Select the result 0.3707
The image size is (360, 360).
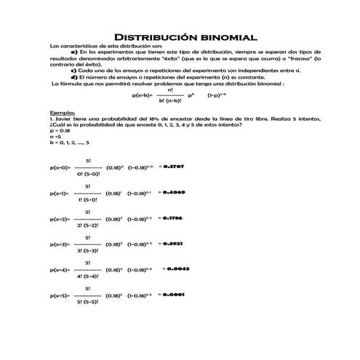(172, 167)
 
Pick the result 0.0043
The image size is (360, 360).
(178, 268)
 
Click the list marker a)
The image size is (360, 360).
(73, 53)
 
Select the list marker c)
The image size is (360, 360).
(73, 70)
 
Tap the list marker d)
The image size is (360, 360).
(73, 76)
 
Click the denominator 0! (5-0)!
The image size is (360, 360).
(87, 174)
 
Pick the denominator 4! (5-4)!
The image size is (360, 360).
(87, 276)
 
